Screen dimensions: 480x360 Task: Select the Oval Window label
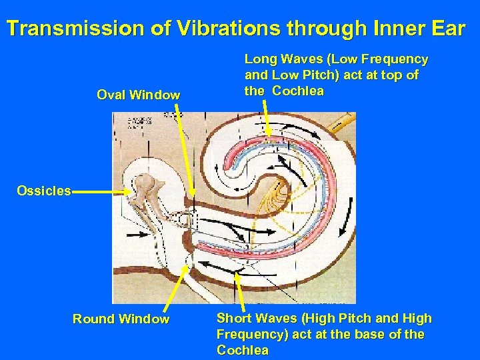tap(138, 95)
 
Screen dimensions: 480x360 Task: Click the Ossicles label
tap(44, 191)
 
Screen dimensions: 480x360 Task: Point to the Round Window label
tap(121, 319)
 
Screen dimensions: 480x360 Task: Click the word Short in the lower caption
tap(233, 319)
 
